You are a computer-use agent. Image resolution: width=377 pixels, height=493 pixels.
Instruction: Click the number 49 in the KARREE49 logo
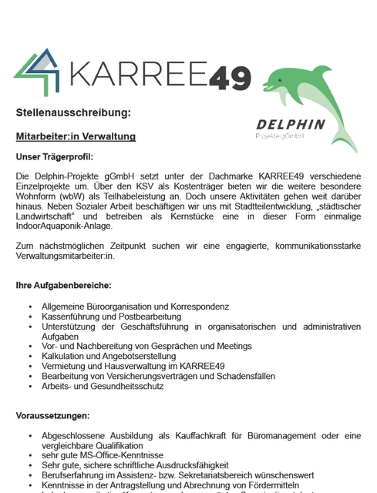click(x=231, y=76)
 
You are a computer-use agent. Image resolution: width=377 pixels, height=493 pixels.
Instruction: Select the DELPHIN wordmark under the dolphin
click(x=291, y=124)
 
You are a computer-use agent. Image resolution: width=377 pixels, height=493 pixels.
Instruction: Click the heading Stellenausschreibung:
click(x=73, y=113)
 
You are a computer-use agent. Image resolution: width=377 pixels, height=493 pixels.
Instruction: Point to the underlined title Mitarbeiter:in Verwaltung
click(x=76, y=136)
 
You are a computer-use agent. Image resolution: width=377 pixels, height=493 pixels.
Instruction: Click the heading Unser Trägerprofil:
click(x=54, y=157)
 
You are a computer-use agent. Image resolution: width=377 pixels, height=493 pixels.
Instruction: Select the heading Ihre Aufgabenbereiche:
click(x=63, y=285)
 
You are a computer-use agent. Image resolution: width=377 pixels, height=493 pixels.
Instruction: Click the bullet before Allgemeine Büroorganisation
click(x=31, y=307)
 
